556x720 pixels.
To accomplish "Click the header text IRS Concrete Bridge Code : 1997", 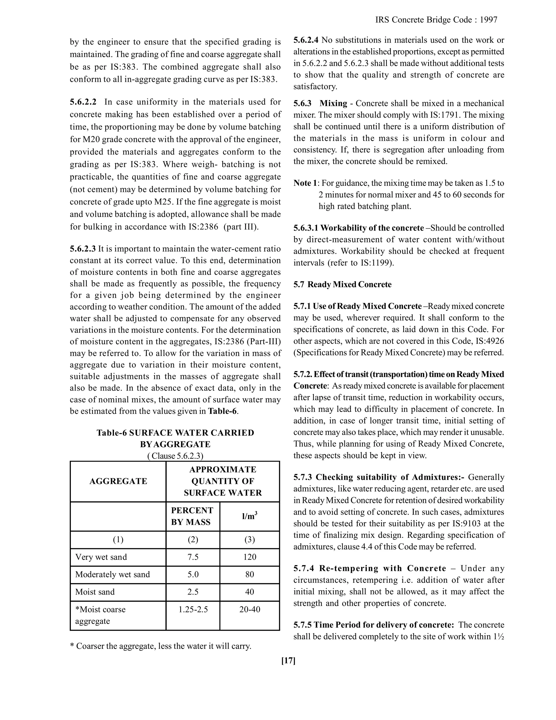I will (x=436, y=20).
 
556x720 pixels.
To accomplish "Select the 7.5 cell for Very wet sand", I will (x=193, y=557).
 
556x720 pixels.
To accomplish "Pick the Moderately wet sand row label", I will (x=112, y=574).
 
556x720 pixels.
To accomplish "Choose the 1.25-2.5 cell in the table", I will (x=193, y=609).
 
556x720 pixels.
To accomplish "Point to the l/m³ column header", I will (x=249, y=516).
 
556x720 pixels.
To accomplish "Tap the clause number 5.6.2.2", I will (x=83, y=102).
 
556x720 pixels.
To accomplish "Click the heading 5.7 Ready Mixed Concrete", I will (x=343, y=284).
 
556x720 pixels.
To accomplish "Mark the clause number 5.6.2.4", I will (x=306, y=40).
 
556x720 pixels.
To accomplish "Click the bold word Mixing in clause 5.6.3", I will (x=333, y=104).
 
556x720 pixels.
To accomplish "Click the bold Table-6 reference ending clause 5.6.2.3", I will (x=222, y=411).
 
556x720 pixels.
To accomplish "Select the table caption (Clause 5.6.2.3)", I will (x=175, y=456).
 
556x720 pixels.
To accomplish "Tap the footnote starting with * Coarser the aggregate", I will (x=161, y=646).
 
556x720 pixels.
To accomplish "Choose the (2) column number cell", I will (x=193, y=540).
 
